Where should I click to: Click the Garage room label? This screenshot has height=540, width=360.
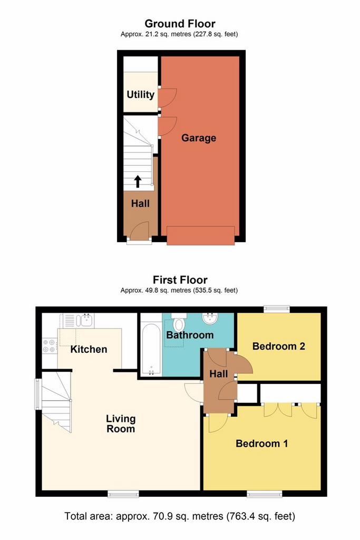(x=199, y=138)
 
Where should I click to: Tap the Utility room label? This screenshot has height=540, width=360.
(x=140, y=95)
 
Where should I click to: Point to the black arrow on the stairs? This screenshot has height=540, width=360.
(x=138, y=181)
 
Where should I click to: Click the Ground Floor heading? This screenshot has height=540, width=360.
(x=180, y=23)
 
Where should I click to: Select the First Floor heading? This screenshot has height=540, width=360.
(x=180, y=280)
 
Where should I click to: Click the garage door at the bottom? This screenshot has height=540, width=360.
(x=200, y=235)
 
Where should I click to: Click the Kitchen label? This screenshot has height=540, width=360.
(x=89, y=349)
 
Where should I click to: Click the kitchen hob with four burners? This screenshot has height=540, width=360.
(x=50, y=345)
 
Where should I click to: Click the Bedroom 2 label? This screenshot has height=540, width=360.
(x=279, y=346)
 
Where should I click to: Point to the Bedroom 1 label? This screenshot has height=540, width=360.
(x=261, y=443)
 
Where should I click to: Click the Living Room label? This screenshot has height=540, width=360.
(x=121, y=424)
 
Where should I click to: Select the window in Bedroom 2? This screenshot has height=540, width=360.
(x=277, y=310)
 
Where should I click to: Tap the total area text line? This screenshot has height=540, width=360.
(x=180, y=516)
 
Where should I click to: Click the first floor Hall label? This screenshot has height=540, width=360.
(x=218, y=374)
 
